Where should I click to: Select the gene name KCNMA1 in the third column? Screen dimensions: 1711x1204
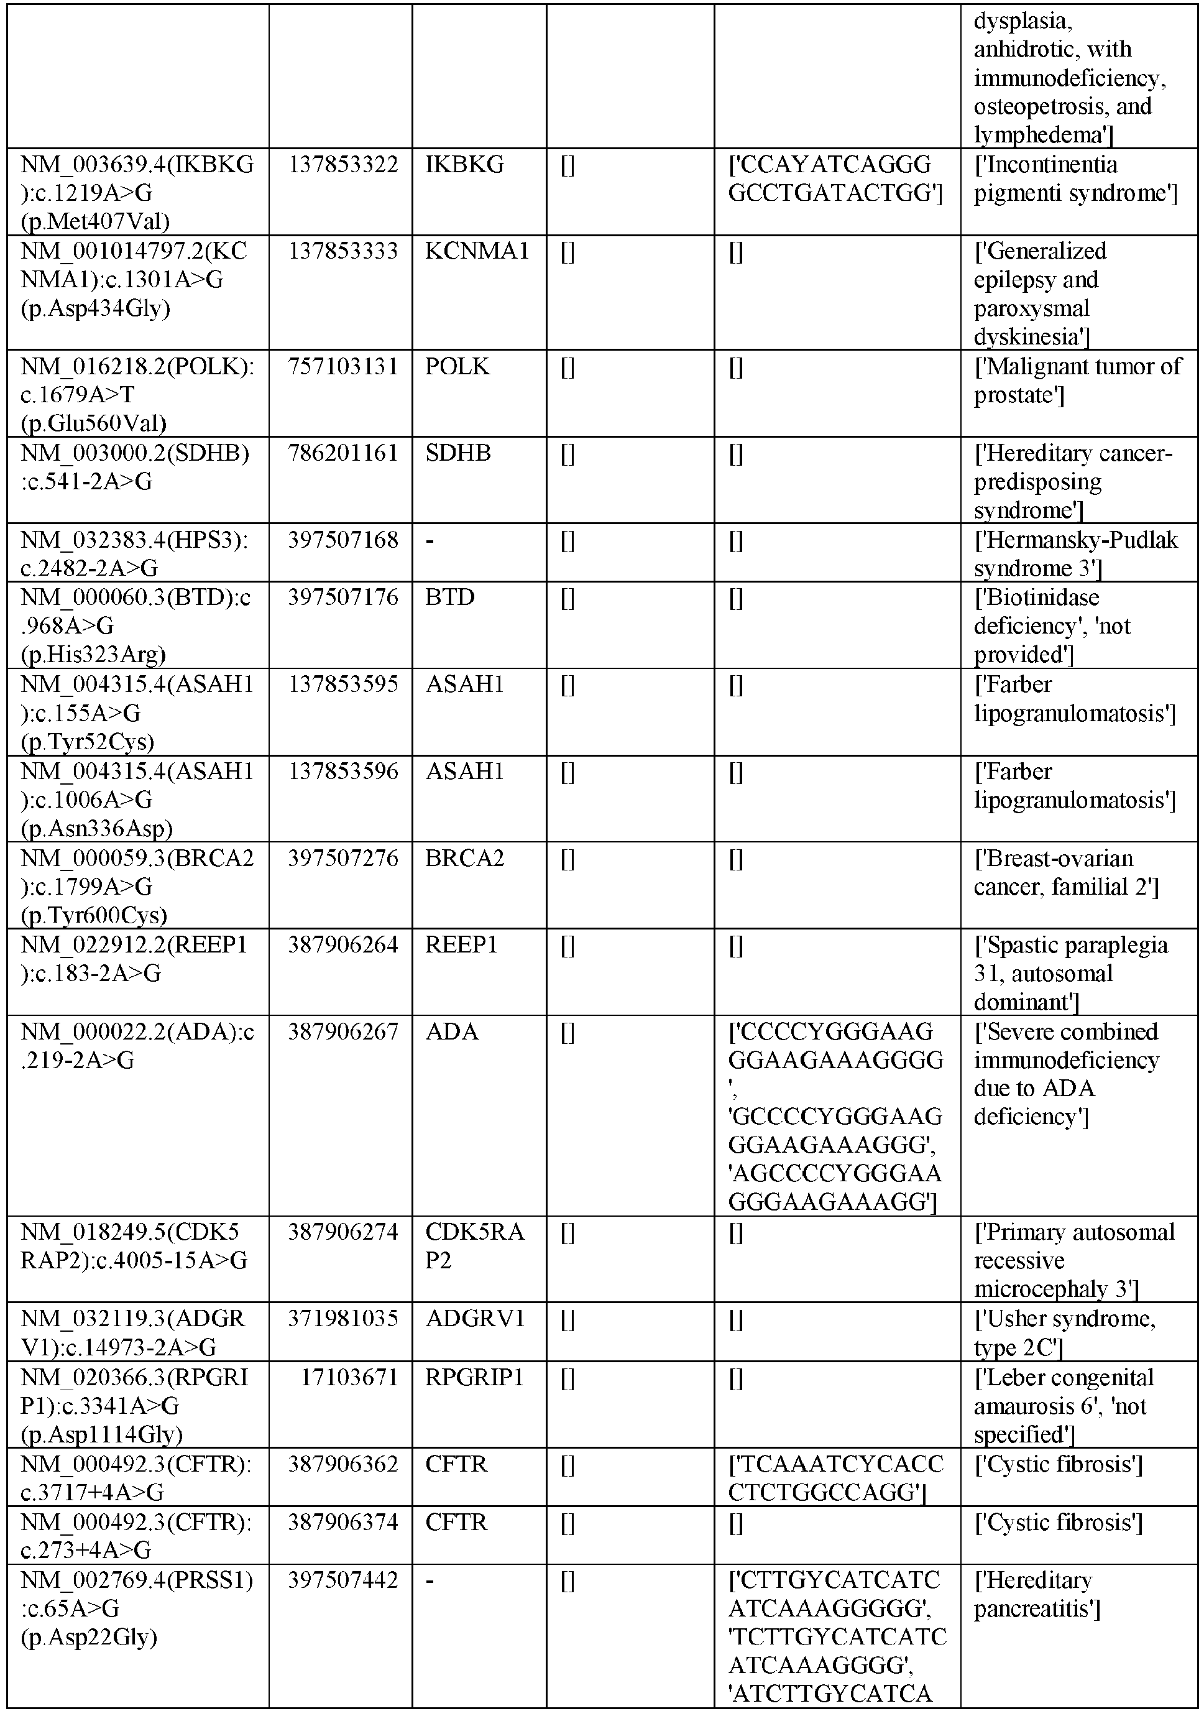[x=477, y=251]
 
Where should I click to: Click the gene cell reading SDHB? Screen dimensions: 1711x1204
[x=457, y=453]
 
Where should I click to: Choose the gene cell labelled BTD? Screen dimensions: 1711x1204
[x=449, y=597]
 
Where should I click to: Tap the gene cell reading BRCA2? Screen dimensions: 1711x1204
[x=464, y=859]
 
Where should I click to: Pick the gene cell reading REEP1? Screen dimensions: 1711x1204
[x=461, y=945]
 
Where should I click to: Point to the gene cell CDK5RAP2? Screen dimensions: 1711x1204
[x=475, y=1246]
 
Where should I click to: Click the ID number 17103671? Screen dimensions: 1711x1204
[x=349, y=1377]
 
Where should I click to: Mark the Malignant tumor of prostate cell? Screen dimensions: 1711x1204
[x=1077, y=380]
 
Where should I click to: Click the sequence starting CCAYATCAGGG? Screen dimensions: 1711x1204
[x=834, y=179]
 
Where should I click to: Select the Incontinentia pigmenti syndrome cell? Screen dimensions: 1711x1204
[x=1075, y=179]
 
